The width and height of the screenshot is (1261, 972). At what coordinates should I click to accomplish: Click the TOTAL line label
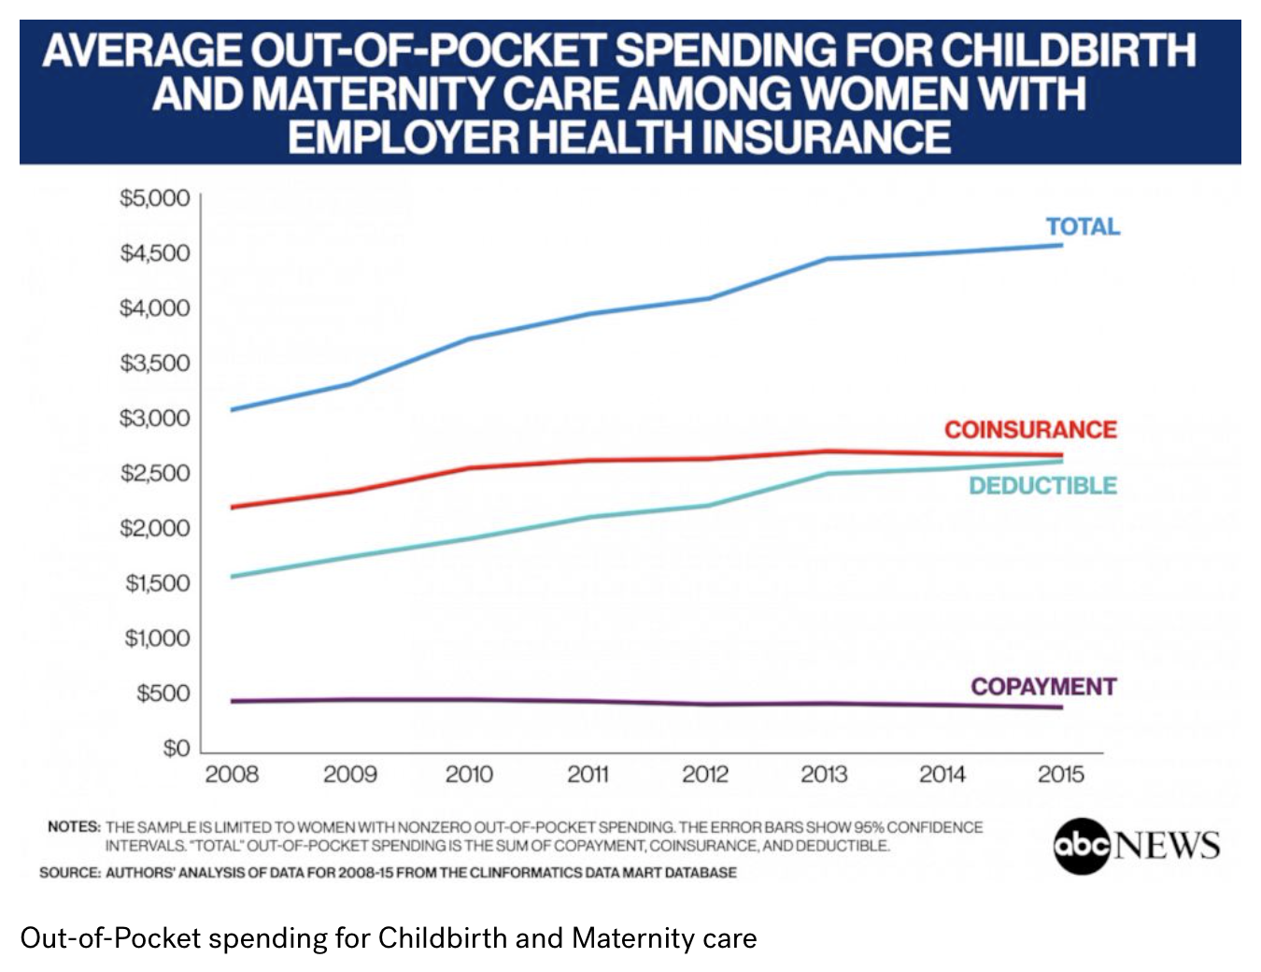pyautogui.click(x=1082, y=227)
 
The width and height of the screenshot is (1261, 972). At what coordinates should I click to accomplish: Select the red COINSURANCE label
pyautogui.click(x=1029, y=430)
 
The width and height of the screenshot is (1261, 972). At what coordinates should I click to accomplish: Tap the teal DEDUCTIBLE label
pyautogui.click(x=1042, y=486)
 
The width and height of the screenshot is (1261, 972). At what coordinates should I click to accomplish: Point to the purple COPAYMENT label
pyautogui.click(x=1042, y=687)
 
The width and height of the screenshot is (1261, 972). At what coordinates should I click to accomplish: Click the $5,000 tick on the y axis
pyautogui.click(x=155, y=198)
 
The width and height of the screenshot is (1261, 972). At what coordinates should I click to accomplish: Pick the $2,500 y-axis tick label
pyautogui.click(x=155, y=473)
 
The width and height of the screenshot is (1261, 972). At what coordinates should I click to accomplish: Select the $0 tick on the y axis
pyautogui.click(x=176, y=749)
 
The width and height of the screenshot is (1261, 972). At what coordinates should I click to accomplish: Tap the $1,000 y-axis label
pyautogui.click(x=157, y=638)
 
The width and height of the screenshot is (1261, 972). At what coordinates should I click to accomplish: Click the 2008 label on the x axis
pyautogui.click(x=232, y=774)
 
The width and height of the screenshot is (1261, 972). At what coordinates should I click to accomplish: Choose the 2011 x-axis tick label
pyautogui.click(x=588, y=774)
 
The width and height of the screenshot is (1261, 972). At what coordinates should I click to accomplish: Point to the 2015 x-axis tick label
pyautogui.click(x=1060, y=774)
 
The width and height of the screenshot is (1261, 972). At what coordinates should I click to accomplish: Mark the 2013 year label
pyautogui.click(x=824, y=774)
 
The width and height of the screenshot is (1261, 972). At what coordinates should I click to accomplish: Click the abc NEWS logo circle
pyautogui.click(x=1081, y=846)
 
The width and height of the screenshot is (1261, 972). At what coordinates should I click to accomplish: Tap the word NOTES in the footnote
pyautogui.click(x=74, y=827)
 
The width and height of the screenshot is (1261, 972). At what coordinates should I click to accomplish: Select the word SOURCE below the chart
pyautogui.click(x=70, y=873)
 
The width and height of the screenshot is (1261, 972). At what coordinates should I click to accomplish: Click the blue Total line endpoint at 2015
pyautogui.click(x=1061, y=245)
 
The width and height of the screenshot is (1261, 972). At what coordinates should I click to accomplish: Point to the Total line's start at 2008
pyautogui.click(x=232, y=409)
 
